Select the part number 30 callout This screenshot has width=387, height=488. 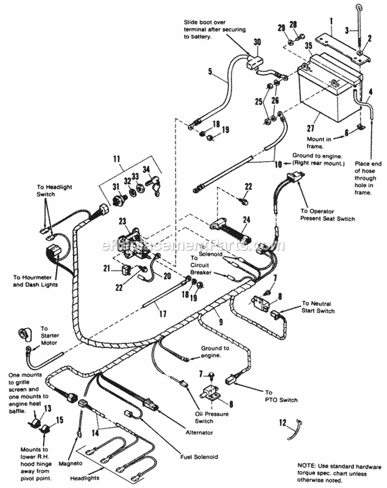[257, 42]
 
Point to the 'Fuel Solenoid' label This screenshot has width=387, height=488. [199, 456]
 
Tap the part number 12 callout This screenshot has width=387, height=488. [281, 423]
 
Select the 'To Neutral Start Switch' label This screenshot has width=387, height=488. [318, 307]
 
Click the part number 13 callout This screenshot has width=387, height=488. [47, 408]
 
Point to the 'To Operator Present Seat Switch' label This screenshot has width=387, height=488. [328, 215]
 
